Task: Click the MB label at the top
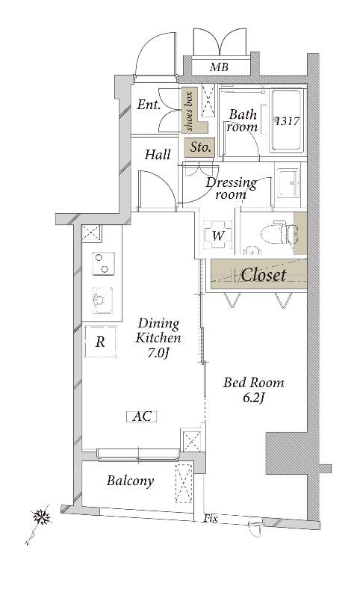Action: coord(219,67)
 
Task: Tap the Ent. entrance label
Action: coord(149,105)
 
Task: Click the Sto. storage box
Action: coord(199,147)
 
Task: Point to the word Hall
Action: coord(158,155)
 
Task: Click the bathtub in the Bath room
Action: coord(288,121)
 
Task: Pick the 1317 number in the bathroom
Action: coord(288,122)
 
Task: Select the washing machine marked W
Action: coord(217,235)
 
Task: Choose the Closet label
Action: coord(263,275)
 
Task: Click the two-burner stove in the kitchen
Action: coord(103,263)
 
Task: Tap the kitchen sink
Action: coord(102,300)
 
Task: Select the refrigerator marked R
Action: coord(100,342)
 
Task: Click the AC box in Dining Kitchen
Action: coord(142,416)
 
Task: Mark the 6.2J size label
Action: coord(253,398)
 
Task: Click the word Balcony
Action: coord(130,481)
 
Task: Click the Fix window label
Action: coord(211,519)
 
